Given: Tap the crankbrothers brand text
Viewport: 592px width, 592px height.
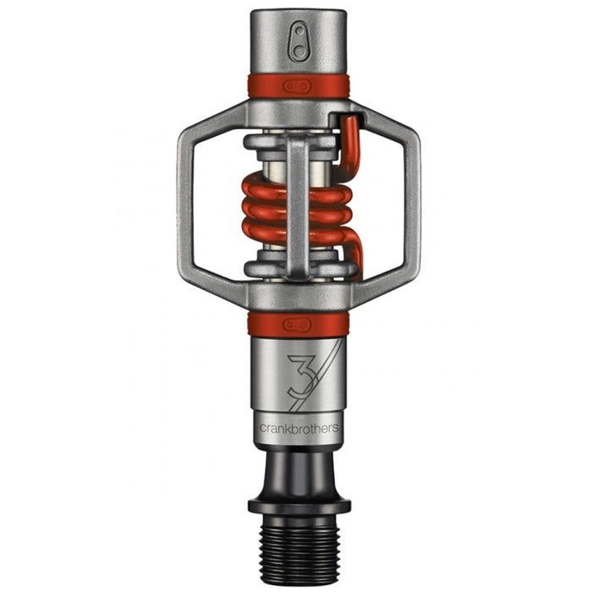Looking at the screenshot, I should coord(299,428).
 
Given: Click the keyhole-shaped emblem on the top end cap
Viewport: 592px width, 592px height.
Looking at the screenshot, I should coord(299,41).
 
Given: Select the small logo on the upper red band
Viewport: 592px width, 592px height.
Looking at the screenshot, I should coord(299,86).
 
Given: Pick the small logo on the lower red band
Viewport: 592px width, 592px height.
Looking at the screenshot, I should coord(299,325).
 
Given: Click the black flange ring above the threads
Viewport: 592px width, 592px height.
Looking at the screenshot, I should coord(299,507).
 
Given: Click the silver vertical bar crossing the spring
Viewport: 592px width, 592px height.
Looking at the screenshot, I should coord(298,207).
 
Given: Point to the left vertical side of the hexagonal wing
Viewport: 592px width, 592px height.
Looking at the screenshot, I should coord(188,207).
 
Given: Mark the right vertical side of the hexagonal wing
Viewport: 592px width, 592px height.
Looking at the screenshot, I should coord(410,207).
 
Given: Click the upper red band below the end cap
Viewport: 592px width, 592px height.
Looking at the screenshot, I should coord(262,86).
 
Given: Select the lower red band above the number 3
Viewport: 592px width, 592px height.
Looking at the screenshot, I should coord(262,325).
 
